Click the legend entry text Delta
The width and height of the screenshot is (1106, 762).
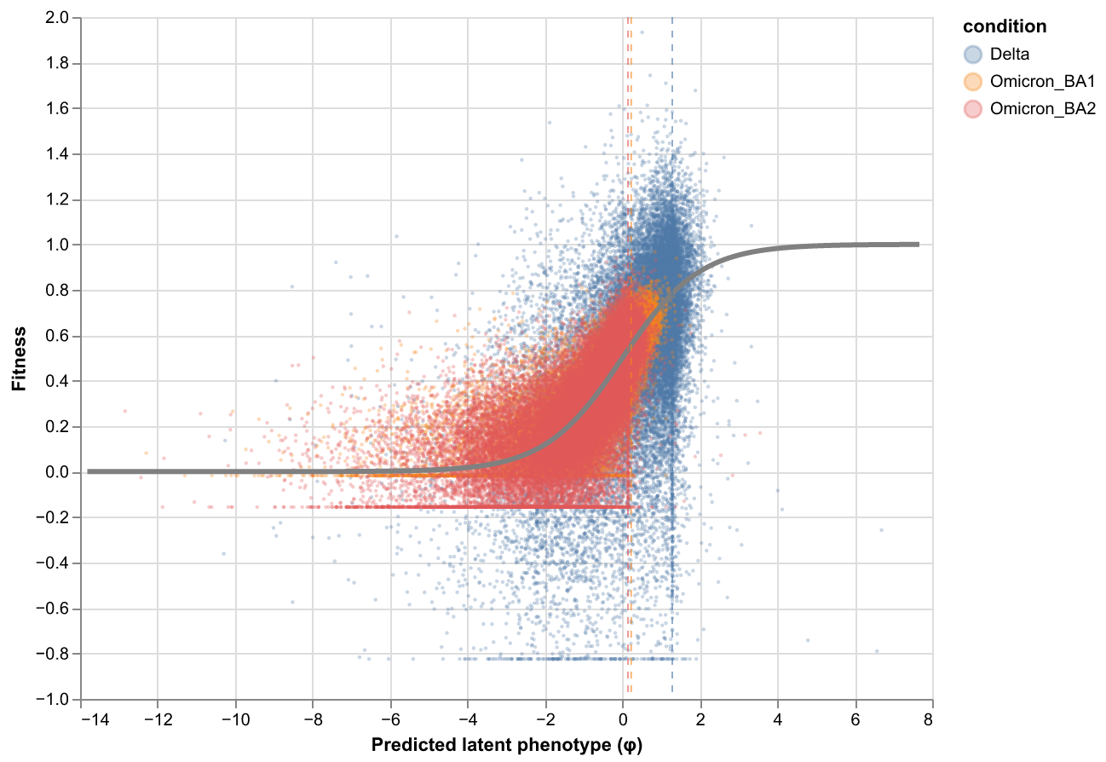point(1010,55)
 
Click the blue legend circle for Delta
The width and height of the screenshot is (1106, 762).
point(973,55)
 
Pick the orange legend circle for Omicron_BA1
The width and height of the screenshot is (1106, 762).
point(973,82)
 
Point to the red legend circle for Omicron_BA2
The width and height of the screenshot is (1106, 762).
point(973,109)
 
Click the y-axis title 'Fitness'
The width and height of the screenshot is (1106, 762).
point(18,358)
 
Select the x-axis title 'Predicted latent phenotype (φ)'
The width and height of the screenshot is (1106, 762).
point(507,745)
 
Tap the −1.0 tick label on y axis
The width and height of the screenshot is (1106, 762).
point(59,700)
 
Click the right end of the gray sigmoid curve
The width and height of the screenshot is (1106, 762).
point(918,245)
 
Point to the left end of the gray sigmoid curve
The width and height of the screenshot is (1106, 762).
point(89,471)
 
